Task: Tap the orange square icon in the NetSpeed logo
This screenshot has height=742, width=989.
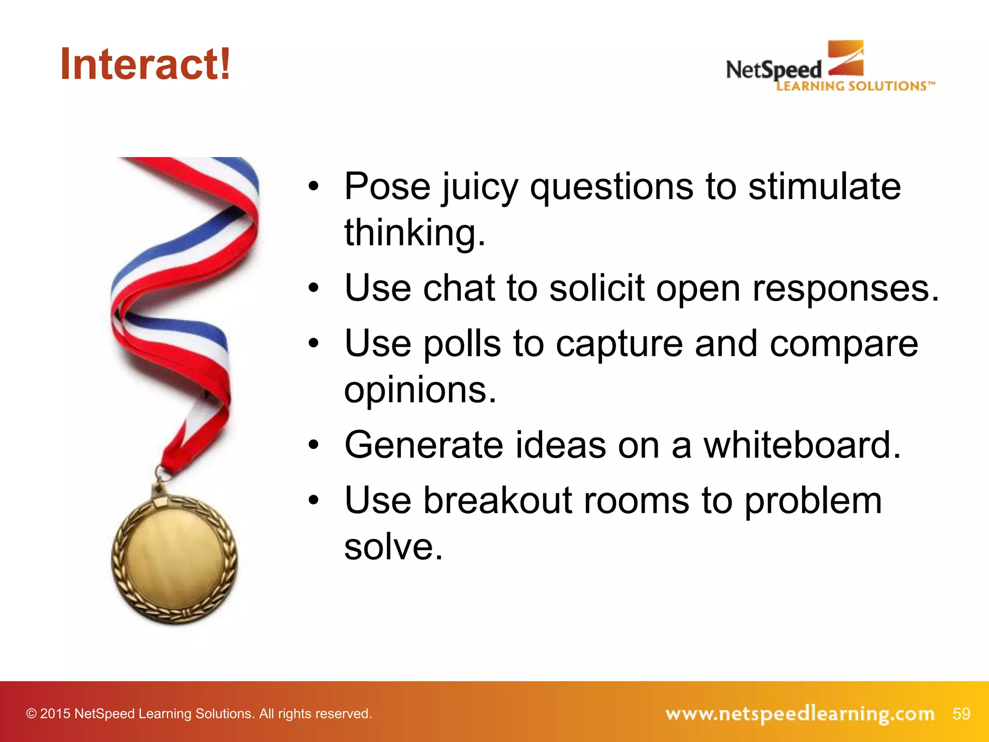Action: [x=846, y=58]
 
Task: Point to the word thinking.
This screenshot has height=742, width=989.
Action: [x=414, y=233]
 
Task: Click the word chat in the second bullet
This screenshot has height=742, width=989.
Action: [x=459, y=288]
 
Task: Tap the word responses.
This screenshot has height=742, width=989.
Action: [x=846, y=289]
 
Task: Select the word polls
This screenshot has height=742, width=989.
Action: [x=462, y=344]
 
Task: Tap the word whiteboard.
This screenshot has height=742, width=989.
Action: [x=802, y=445]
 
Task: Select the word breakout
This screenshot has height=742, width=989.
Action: [x=497, y=500]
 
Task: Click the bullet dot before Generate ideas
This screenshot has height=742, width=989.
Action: [x=314, y=445]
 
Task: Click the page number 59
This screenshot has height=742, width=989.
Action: [x=961, y=713]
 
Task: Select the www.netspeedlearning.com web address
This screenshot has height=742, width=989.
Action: [x=800, y=713]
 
